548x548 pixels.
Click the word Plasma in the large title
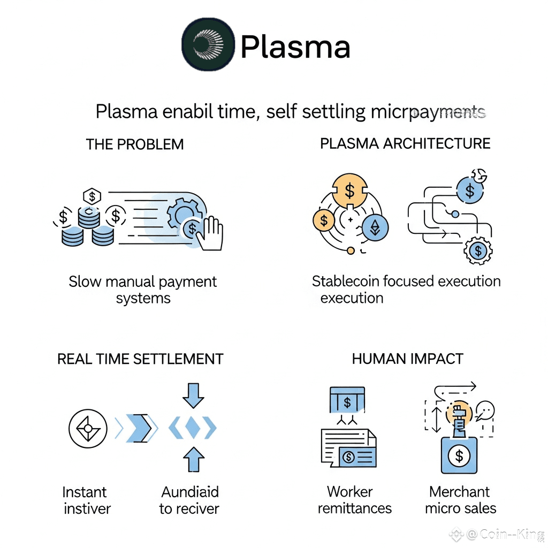(295, 47)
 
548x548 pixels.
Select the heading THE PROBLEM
(135, 144)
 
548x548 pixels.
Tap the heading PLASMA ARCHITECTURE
(405, 143)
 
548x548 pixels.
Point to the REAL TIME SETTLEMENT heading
(140, 359)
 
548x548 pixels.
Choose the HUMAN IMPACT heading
(407, 359)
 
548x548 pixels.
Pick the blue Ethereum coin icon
(375, 228)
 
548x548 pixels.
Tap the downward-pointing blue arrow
(193, 395)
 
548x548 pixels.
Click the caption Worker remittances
(354, 500)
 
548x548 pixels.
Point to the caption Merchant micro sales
(460, 500)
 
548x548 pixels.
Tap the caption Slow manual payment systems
(143, 290)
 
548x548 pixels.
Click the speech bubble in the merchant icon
(485, 411)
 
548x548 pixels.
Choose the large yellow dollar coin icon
(349, 190)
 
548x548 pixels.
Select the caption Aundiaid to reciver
(189, 500)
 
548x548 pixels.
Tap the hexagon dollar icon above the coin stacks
(93, 196)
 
